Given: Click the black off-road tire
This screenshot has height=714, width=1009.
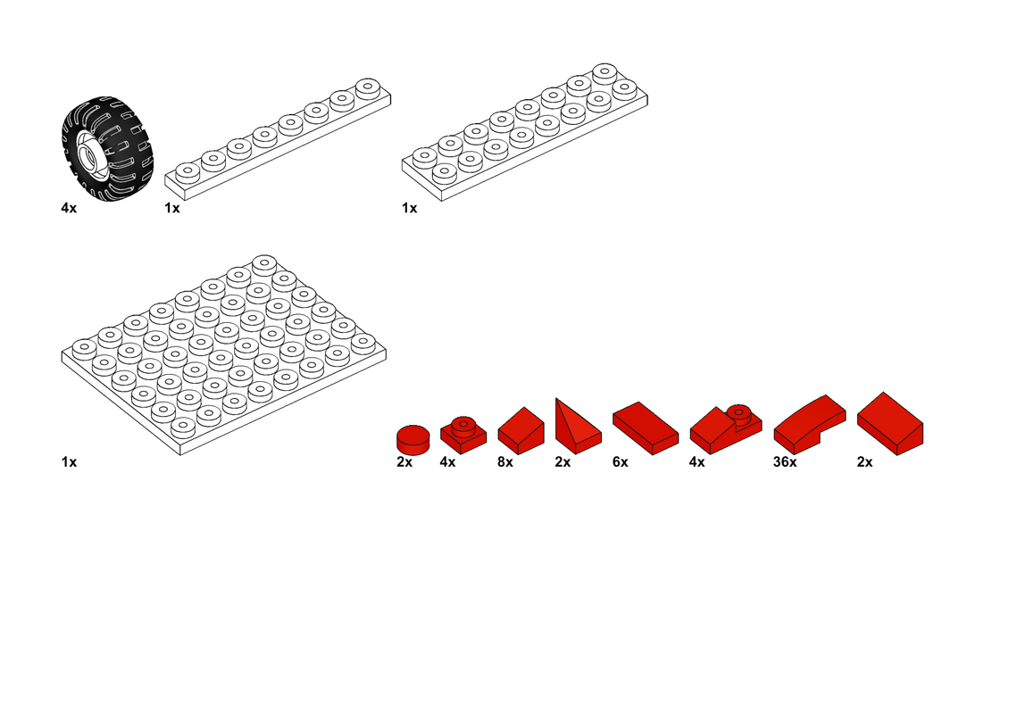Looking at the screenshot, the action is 107,148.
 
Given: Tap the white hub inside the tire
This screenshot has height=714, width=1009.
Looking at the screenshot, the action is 89,152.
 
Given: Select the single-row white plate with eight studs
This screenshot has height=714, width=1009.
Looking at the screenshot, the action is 278,139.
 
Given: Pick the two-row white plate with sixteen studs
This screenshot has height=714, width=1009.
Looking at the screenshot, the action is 524,132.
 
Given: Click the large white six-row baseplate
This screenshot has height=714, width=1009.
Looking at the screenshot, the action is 223,355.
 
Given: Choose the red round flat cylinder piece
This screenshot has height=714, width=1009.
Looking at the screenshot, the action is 413,440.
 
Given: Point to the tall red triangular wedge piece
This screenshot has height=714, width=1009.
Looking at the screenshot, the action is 578,427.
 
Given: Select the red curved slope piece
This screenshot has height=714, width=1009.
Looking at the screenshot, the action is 810,425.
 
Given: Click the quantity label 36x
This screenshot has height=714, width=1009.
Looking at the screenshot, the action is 784,461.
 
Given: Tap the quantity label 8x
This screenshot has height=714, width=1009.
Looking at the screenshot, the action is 505,461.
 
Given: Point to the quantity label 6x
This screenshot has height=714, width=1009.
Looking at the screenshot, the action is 621,461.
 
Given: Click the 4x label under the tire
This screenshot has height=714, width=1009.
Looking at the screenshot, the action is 69,208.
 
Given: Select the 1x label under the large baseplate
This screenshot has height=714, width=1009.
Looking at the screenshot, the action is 69,461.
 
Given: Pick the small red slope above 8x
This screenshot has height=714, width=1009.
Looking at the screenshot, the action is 521,431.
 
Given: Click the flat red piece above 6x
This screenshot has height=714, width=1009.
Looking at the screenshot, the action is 646,428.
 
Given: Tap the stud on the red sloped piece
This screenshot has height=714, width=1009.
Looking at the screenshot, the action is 738,412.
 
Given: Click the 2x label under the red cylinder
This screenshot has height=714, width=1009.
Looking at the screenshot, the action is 404,461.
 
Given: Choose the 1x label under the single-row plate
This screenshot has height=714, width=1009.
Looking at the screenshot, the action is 171,208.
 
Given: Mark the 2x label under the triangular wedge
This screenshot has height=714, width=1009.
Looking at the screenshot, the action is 563,461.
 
